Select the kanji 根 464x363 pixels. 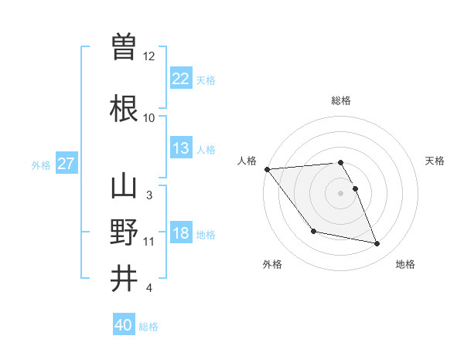124,108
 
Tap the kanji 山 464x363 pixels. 124,187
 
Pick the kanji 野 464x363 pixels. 124,232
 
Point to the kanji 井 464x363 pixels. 124,278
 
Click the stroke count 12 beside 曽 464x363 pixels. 149,56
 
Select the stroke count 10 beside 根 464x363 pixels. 149,118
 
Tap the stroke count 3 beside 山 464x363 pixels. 149,195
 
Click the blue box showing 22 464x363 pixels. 180,79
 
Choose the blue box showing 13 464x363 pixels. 180,148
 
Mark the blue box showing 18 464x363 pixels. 180,233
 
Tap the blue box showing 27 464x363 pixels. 66,164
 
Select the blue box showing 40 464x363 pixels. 123,325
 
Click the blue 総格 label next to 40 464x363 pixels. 148,327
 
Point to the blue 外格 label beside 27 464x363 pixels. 41,165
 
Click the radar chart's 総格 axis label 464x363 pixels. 340,100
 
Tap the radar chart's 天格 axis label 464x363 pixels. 435,161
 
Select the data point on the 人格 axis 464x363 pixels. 267,169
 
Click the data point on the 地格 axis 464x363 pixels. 377,244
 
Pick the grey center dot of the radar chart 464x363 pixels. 340,193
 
